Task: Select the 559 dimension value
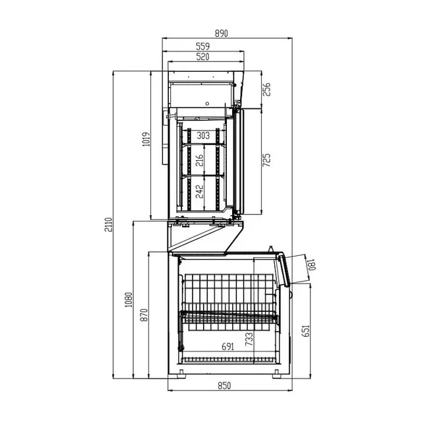(204, 46)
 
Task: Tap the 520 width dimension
(203, 57)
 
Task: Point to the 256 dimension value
(267, 90)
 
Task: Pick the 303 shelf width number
(204, 135)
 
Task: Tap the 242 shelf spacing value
(199, 192)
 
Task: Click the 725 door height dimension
(267, 162)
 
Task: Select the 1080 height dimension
(129, 301)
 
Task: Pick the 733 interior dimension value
(249, 339)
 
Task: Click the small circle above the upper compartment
(207, 104)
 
